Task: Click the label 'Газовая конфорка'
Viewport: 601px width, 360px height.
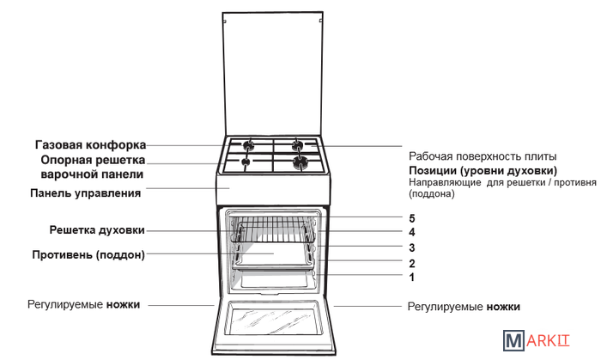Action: tap(90, 144)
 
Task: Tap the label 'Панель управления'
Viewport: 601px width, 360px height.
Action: tap(85, 192)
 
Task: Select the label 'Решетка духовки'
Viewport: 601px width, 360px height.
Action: tap(96, 229)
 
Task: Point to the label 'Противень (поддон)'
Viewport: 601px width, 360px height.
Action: tap(88, 254)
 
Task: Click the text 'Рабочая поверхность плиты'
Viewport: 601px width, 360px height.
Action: tap(483, 157)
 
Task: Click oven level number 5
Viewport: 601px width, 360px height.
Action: tap(412, 218)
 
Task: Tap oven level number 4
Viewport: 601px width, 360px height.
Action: tap(412, 232)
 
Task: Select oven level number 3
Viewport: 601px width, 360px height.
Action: tap(412, 247)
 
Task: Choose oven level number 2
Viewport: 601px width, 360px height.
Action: tap(412, 263)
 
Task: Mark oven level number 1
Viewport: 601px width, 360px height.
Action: tap(412, 278)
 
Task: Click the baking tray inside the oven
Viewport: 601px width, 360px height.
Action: tap(273, 255)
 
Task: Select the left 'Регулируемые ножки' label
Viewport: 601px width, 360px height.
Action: tap(83, 304)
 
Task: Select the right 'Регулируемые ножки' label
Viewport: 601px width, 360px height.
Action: tap(464, 306)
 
